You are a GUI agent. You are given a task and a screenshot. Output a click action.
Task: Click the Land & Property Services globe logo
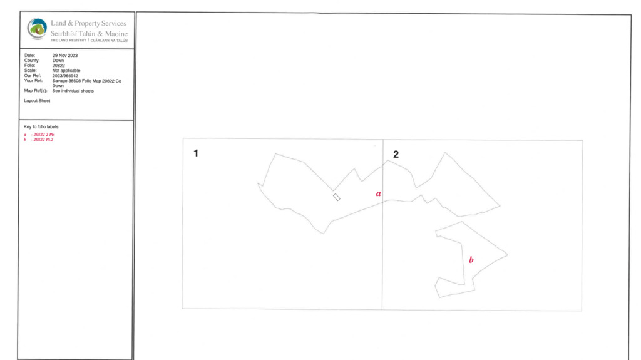[37, 29]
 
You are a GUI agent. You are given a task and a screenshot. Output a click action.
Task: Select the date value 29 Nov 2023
[65, 55]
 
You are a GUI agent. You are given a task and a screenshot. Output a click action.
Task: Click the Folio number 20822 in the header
[58, 66]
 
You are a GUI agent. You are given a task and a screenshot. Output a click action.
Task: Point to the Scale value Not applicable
[66, 70]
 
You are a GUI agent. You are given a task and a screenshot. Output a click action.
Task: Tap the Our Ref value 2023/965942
[65, 76]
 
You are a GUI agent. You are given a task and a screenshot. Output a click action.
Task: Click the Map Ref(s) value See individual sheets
[73, 91]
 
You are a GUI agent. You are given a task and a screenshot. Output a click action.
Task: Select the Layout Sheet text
[37, 101]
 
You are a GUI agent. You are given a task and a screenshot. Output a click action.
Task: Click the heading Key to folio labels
[42, 127]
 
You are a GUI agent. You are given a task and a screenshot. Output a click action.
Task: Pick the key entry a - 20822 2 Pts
[39, 134]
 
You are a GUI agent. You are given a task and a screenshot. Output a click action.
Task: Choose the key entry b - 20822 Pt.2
[38, 140]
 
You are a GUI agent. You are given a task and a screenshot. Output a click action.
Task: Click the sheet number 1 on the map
[196, 153]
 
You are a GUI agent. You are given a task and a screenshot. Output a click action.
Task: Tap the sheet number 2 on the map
[396, 154]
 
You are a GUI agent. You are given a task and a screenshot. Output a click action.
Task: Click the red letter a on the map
[379, 193]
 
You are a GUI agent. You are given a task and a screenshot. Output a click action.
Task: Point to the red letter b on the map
[471, 259]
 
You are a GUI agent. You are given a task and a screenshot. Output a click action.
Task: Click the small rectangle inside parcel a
[336, 197]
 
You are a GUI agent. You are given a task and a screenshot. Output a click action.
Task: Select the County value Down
[58, 61]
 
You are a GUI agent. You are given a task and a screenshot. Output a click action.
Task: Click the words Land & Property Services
[89, 23]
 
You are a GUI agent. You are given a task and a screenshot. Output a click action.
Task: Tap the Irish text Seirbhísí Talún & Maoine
[89, 34]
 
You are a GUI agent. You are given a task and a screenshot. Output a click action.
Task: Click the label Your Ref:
[33, 81]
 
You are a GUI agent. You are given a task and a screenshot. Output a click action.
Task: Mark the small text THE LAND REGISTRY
[68, 41]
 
